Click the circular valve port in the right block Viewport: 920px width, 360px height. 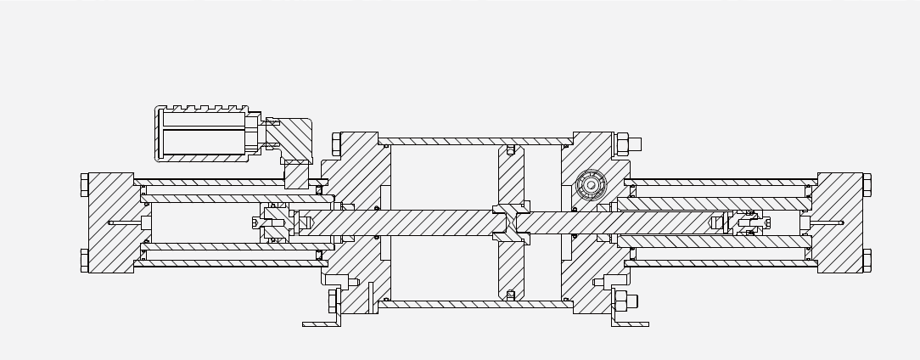click(591, 185)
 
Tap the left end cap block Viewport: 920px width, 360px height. click(110, 222)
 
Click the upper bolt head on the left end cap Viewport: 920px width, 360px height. click(85, 184)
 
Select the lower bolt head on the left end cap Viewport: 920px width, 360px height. click(85, 260)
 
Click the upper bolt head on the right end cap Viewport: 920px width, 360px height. click(867, 184)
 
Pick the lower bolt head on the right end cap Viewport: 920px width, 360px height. click(867, 260)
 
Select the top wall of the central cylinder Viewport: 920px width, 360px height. click(475, 141)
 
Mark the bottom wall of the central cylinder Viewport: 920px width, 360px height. click(475, 304)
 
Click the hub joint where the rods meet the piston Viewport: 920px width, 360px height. click(511, 223)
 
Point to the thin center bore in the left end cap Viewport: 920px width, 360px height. click(124, 223)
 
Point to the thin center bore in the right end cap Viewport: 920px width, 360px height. click(827, 223)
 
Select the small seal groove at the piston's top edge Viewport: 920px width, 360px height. click(510, 150)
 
